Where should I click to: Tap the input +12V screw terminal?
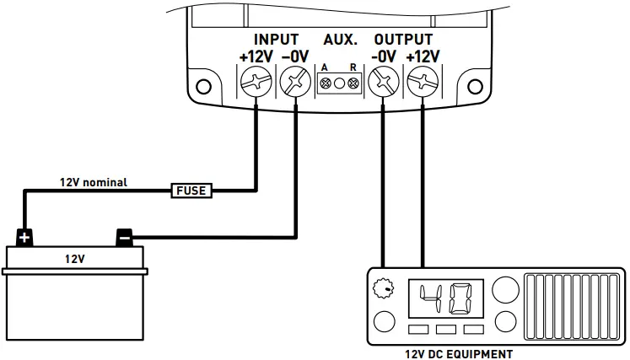point(255,83)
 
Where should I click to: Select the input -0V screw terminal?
point(296,83)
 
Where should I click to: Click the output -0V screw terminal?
point(383,83)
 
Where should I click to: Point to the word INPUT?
point(275,40)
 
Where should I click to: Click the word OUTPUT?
point(402,40)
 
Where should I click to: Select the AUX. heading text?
point(340,40)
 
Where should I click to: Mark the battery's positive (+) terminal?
point(24,237)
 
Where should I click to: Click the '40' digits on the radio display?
point(446,297)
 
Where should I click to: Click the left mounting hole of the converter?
point(203,86)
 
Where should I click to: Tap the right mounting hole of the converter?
point(471,86)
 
